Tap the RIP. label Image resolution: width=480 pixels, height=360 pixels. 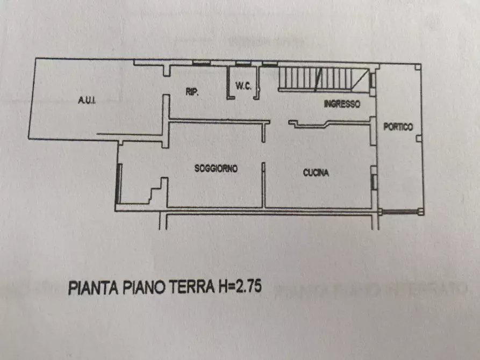pos(192,92)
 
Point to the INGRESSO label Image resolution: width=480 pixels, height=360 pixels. pos(342,105)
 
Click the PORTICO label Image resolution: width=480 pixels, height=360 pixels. pos(398,127)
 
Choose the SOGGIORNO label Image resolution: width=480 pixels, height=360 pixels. pos(216,168)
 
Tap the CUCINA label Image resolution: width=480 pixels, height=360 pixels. pos(316,173)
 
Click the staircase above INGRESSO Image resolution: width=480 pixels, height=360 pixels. pos(323,78)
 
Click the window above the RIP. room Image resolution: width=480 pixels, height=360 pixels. pos(201,63)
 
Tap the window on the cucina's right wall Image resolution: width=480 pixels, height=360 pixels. pos(373,178)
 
